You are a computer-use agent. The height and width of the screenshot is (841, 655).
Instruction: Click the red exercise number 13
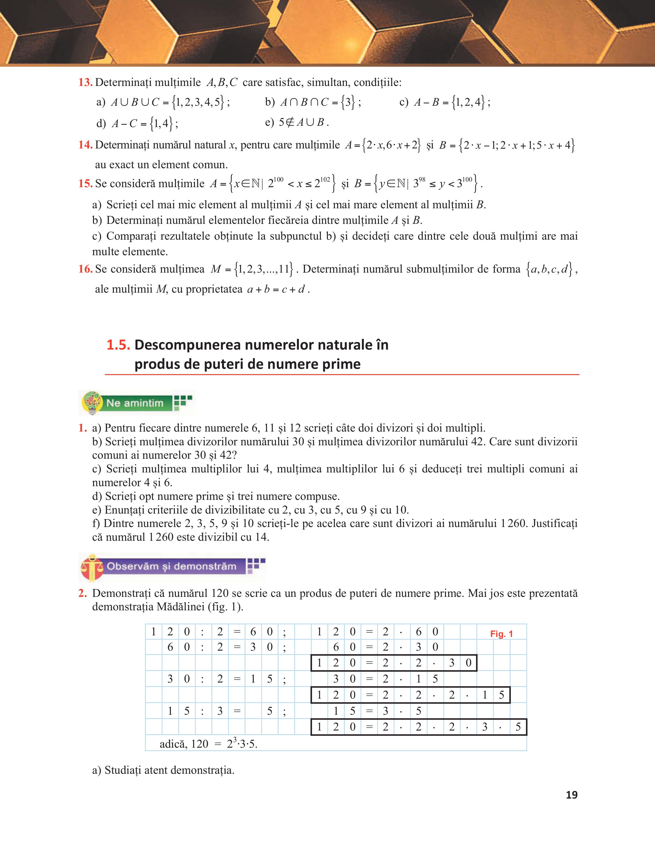[85, 83]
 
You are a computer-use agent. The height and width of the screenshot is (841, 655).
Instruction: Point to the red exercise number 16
[85, 269]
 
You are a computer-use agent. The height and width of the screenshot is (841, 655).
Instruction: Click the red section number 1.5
[118, 345]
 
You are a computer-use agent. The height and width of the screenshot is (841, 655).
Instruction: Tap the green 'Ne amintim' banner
[135, 403]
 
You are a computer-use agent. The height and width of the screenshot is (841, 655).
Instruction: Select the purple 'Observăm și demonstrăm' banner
[172, 566]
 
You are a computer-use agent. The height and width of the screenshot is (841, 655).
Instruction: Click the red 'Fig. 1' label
[501, 634]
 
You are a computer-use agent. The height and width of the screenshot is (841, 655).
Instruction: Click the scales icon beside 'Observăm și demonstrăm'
[92, 567]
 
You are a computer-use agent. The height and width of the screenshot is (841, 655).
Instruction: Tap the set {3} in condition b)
[348, 103]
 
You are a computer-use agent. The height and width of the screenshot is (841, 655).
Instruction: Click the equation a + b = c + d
[276, 289]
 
